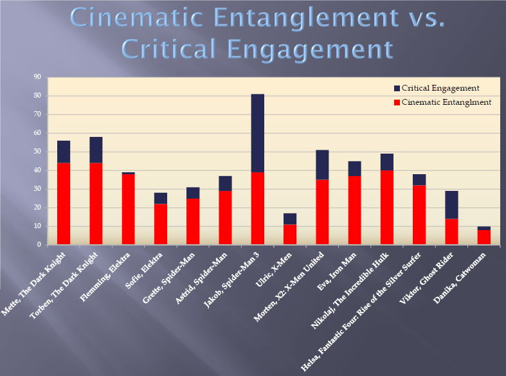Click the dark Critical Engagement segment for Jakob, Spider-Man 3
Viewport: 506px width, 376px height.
[257, 133]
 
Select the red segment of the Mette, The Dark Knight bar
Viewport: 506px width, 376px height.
[64, 203]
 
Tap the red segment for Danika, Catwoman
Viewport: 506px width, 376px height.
[483, 237]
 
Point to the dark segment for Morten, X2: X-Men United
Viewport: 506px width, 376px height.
[322, 165]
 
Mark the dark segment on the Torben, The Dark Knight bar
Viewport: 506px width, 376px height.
[96, 150]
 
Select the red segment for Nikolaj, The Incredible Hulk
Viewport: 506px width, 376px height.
[386, 207]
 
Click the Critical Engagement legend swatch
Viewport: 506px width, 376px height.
[397, 88]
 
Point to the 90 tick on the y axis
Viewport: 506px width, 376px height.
[37, 77]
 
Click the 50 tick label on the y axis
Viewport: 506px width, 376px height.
[37, 152]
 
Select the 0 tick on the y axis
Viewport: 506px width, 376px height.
[39, 245]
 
